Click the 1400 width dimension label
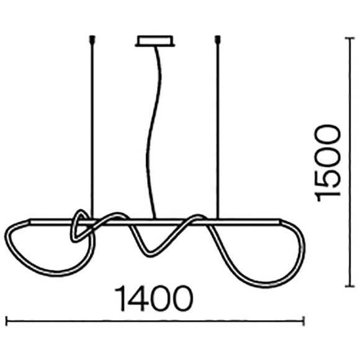click(154, 298)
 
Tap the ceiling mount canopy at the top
click(155, 42)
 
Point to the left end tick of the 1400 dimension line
click(7, 321)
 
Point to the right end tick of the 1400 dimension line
click(304, 321)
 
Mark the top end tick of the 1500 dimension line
click(350, 39)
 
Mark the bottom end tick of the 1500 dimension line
click(350, 286)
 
